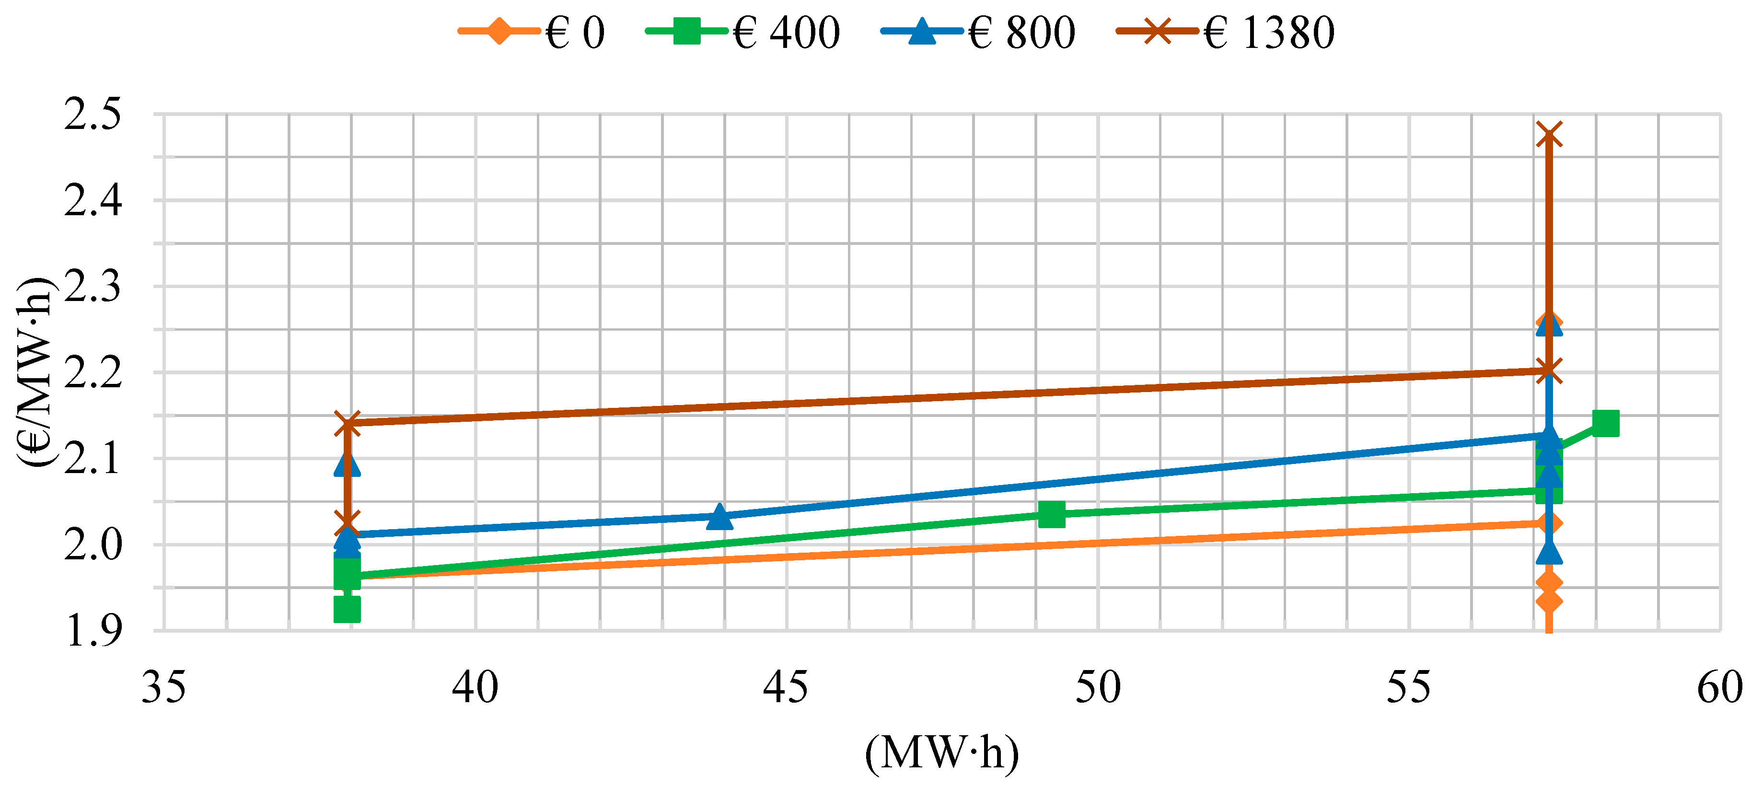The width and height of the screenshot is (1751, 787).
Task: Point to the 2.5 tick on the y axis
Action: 93,114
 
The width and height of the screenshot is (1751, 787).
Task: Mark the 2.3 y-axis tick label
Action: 93,287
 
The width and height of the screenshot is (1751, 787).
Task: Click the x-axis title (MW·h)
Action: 941,753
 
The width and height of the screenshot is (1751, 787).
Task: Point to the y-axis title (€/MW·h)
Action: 34,372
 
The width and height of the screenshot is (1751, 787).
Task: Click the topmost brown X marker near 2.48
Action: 1548,135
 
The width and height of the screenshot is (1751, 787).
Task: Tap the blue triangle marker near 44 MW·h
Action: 720,517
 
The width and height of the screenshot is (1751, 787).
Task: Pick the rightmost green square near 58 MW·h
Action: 1606,423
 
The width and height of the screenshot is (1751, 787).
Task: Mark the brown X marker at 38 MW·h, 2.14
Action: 348,423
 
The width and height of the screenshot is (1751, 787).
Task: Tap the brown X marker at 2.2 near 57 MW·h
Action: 1548,371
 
